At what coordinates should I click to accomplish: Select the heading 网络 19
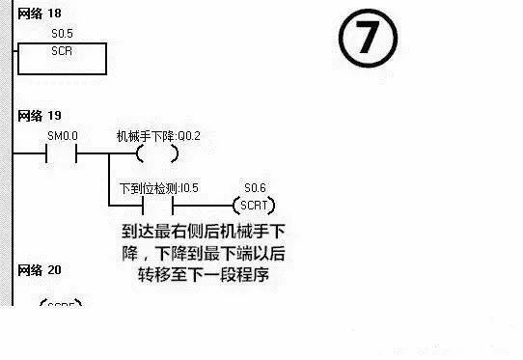[39, 115]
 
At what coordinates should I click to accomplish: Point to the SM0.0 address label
[62, 137]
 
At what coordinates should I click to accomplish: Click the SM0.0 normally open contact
[62, 153]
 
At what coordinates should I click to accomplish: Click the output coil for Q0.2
[156, 153]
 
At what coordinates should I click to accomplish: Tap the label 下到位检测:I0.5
[157, 188]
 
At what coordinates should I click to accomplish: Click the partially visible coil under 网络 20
[60, 303]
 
